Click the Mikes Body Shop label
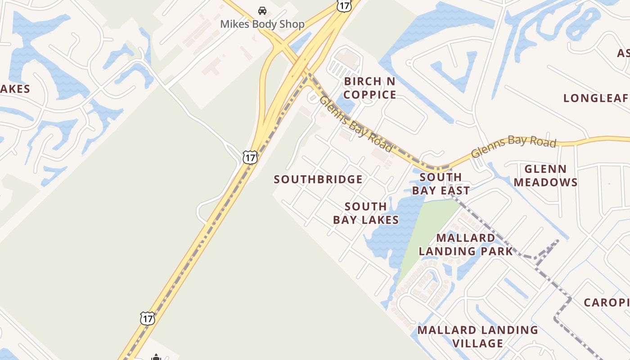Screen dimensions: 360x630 click(262, 24)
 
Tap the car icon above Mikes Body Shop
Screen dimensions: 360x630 click(262, 10)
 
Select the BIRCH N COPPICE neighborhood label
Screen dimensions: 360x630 click(370, 88)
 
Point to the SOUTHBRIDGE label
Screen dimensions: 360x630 click(318, 179)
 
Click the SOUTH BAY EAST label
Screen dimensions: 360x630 click(441, 184)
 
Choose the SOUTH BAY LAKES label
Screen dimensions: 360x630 click(366, 213)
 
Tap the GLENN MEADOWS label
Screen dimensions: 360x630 click(546, 175)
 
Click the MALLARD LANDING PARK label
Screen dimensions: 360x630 click(466, 244)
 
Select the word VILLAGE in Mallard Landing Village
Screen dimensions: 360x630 click(478, 343)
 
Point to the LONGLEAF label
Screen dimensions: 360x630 click(596, 98)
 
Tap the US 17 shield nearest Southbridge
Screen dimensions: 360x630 click(250, 157)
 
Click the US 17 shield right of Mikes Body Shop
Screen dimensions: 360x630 click(343, 5)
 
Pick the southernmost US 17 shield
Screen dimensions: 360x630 click(147, 318)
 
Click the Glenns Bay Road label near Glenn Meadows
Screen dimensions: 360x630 click(513, 146)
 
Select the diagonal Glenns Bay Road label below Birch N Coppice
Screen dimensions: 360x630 click(356, 124)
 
